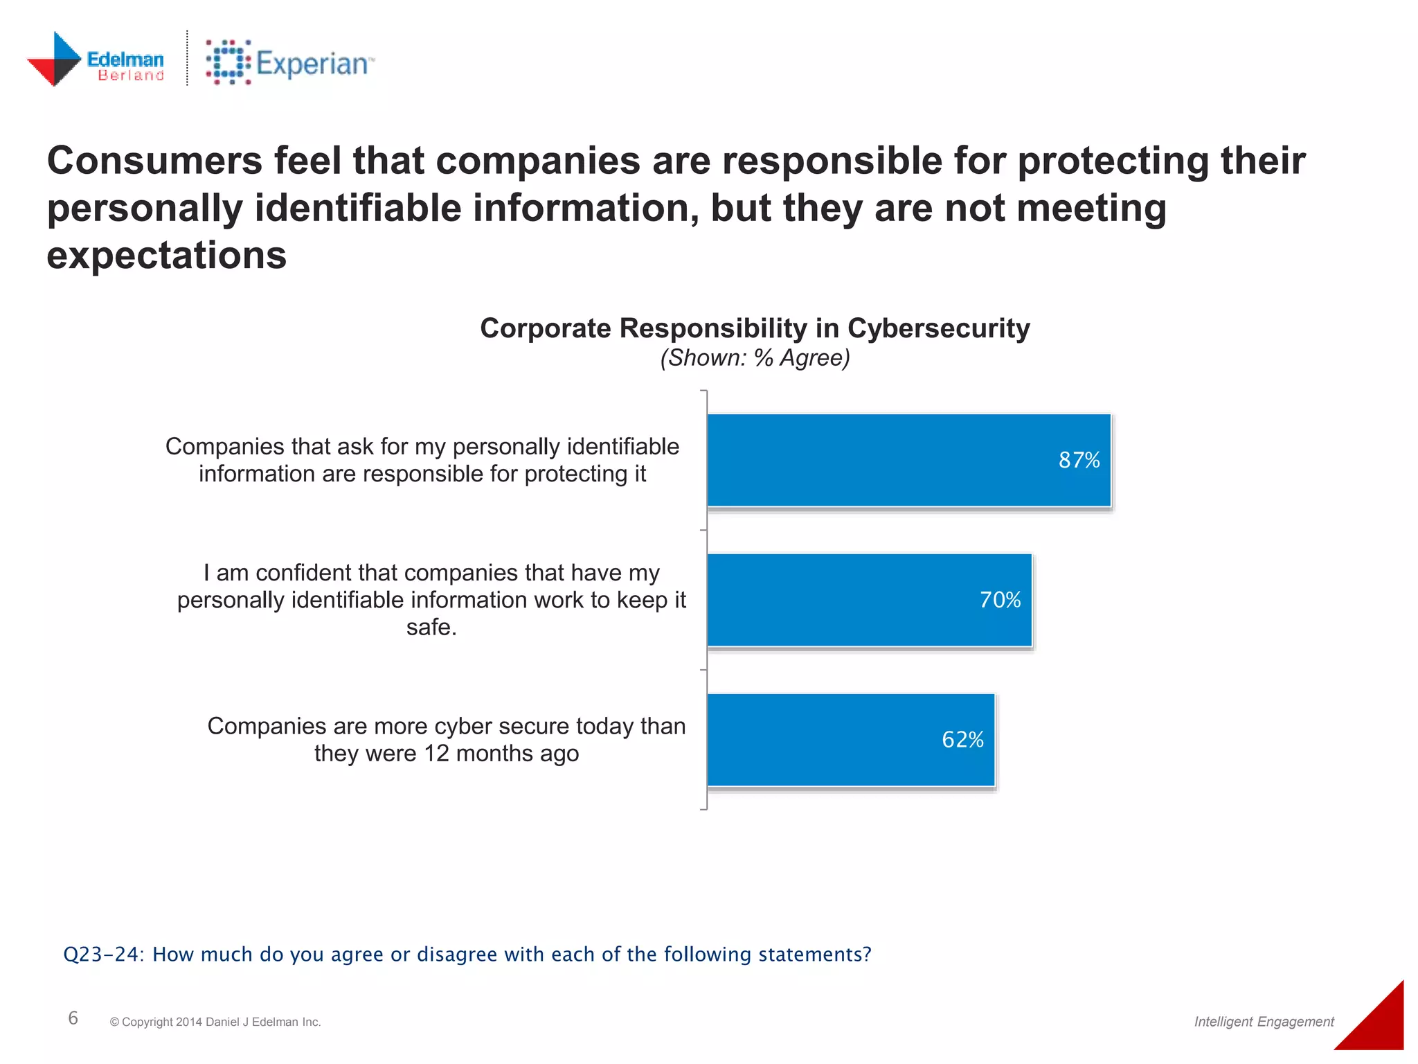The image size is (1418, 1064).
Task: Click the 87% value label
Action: pos(1079,460)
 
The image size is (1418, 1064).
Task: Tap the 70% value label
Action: pos(1000,600)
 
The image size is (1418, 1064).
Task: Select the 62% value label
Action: pos(962,740)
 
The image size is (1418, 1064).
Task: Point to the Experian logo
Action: pos(289,63)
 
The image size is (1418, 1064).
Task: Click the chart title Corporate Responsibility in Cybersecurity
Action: pos(755,328)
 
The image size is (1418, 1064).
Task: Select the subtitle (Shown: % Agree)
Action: pos(755,358)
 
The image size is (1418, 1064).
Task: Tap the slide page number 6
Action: pos(73,1018)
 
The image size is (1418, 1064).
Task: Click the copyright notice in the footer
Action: pos(215,1022)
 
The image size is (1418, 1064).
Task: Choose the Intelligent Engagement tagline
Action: pos(1264,1021)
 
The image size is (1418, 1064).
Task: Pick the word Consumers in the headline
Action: pos(154,161)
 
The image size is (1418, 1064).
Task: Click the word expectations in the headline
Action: pos(166,256)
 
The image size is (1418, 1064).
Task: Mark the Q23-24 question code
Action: pos(102,955)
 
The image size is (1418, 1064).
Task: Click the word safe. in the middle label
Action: pos(431,627)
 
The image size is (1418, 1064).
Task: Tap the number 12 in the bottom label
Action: pos(436,754)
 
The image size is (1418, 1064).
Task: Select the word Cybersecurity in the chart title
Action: pos(938,328)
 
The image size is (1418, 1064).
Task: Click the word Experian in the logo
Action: pos(312,64)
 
